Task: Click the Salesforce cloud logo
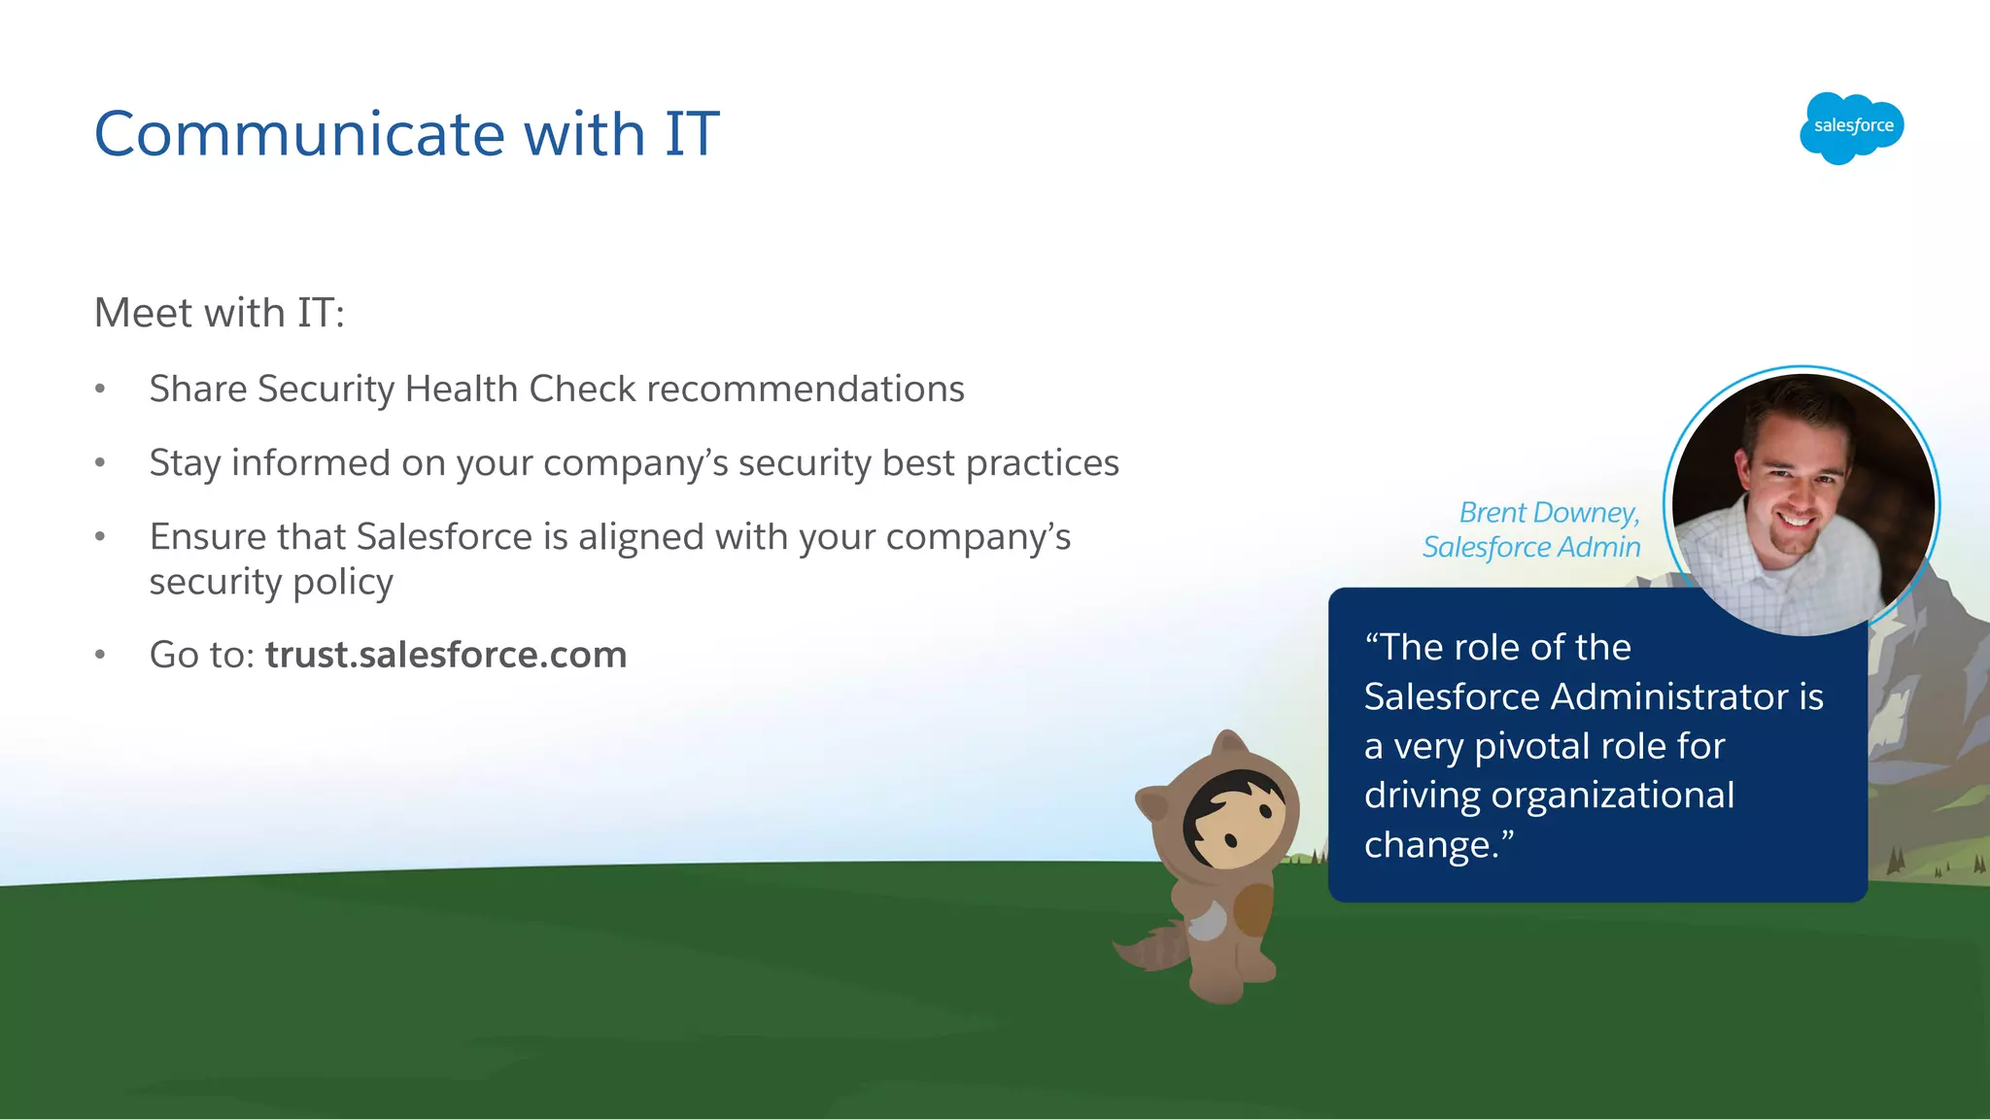tap(1851, 127)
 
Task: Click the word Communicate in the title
tap(299, 134)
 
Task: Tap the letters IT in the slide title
tap(691, 134)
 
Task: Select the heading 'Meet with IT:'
tap(220, 314)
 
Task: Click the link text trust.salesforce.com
tap(446, 655)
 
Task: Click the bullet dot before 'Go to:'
tap(100, 655)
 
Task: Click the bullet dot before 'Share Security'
tap(100, 390)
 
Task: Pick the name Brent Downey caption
tap(1549, 513)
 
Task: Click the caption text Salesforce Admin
tap(1531, 548)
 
